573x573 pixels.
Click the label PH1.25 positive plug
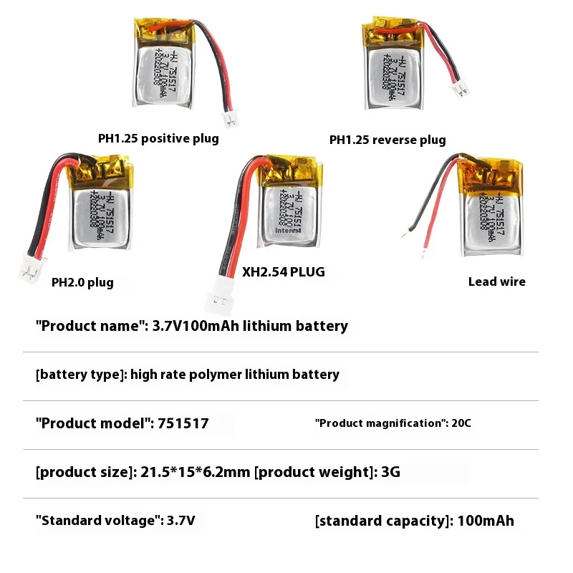tap(158, 138)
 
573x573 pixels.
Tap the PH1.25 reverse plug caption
tap(387, 140)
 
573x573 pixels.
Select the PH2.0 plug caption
tap(82, 282)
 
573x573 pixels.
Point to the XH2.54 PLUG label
tap(284, 272)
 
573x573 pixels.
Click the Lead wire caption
tap(496, 281)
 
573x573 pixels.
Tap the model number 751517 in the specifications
tap(182, 423)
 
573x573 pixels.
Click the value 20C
tap(461, 423)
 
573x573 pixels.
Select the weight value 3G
tap(390, 472)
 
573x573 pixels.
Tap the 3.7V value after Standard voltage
tap(180, 521)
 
